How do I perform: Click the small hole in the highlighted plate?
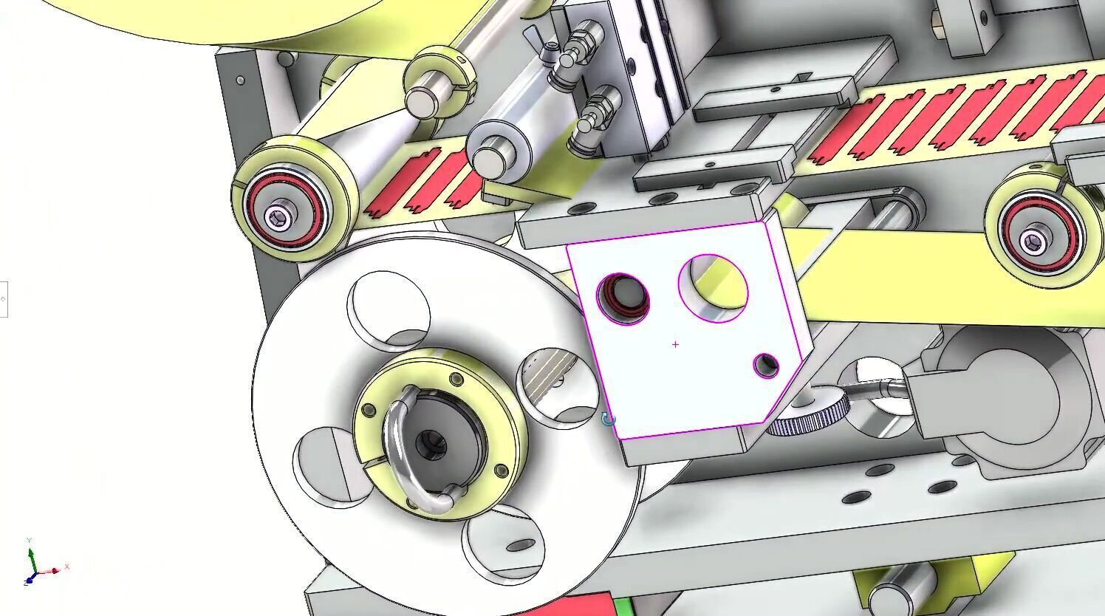766,365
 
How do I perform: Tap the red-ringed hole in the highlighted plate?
623,298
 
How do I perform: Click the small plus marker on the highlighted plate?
675,344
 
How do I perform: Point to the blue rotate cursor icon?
608,420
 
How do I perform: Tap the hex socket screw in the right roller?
1032,239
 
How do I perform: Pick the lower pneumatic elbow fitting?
595,114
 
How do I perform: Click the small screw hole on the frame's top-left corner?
240,80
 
